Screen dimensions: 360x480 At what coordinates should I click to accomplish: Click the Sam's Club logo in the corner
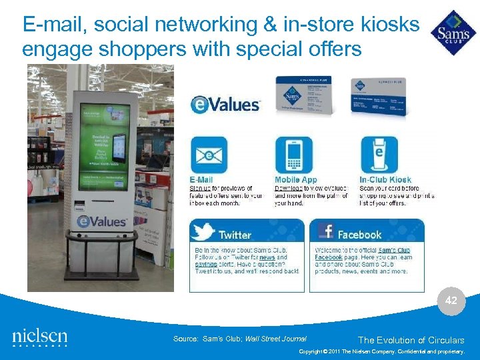(453, 33)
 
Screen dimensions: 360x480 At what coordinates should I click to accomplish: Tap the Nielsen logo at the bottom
(40, 337)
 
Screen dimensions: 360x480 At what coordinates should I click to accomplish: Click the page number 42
(451, 301)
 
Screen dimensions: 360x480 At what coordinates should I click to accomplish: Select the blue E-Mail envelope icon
(209, 155)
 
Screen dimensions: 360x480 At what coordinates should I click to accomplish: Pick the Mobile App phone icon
(293, 155)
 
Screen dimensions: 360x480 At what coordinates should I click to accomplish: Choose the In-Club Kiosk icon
(379, 155)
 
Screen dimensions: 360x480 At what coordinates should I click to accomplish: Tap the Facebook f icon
(326, 231)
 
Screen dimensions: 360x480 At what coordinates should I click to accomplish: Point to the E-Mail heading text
(201, 180)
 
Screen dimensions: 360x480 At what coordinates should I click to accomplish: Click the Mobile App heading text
(296, 180)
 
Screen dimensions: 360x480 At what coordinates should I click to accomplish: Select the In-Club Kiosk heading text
(385, 180)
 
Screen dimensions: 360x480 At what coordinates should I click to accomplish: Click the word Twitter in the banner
(235, 235)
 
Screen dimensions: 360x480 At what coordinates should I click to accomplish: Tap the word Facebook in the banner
(359, 235)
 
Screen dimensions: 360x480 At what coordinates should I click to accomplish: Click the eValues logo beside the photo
(225, 105)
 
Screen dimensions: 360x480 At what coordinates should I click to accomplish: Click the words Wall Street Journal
(276, 339)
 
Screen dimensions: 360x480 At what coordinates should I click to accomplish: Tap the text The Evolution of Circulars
(411, 340)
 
